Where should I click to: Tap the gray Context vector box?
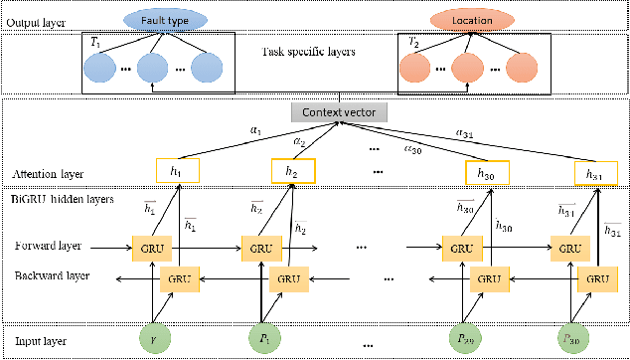tap(340, 114)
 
